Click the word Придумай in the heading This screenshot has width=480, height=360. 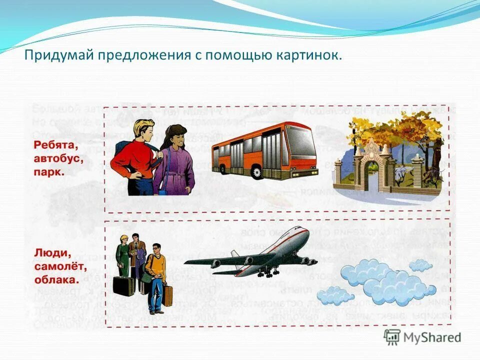point(54,55)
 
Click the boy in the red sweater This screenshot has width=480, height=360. point(134,155)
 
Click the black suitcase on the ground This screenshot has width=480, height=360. point(123,285)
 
